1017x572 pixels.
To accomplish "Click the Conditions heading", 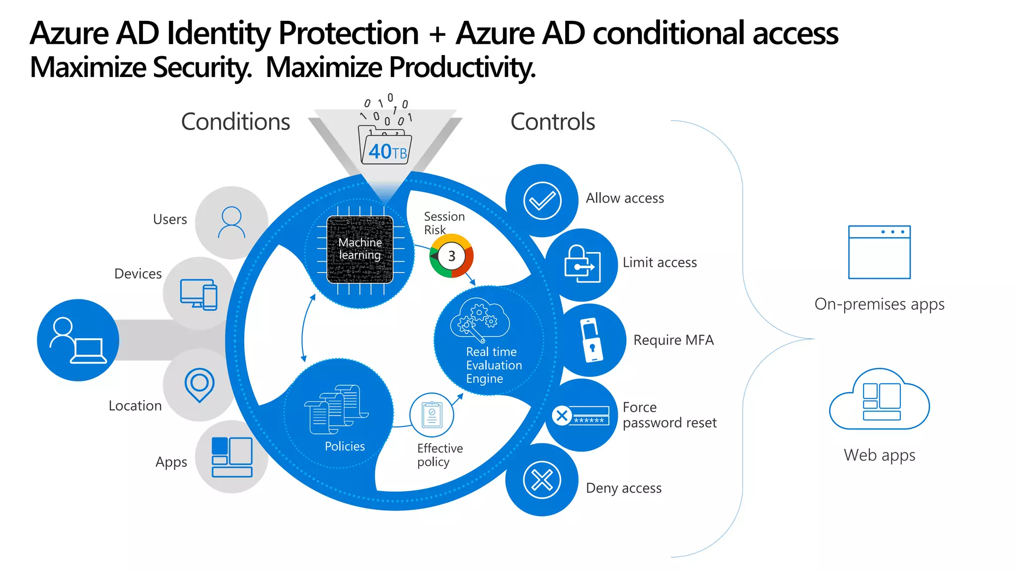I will click(x=235, y=122).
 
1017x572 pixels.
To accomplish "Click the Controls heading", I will click(x=552, y=122).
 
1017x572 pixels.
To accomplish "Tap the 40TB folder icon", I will click(x=385, y=147).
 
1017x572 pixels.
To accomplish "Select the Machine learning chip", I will click(x=360, y=249).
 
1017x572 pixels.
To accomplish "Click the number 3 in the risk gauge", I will click(x=451, y=256).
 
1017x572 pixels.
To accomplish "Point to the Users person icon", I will click(x=231, y=222).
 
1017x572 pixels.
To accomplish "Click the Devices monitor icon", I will click(x=199, y=294).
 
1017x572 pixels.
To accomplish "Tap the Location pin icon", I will click(x=199, y=385).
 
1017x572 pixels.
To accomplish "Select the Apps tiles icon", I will click(x=232, y=457).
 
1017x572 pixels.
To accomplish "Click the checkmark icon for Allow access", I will click(x=542, y=201).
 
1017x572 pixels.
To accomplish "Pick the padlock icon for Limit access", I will click(x=581, y=264).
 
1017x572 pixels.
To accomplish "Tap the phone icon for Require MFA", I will click(x=591, y=340).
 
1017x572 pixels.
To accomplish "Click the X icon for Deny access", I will click(x=542, y=480).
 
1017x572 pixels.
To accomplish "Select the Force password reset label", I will click(x=669, y=415).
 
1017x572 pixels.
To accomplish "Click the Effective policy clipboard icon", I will click(x=432, y=415).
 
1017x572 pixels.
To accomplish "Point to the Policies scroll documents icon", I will click(x=336, y=409).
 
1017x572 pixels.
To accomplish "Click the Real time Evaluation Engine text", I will click(x=494, y=365).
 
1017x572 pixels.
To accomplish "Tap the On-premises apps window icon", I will click(x=879, y=252).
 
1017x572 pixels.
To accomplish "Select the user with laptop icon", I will click(x=78, y=341).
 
